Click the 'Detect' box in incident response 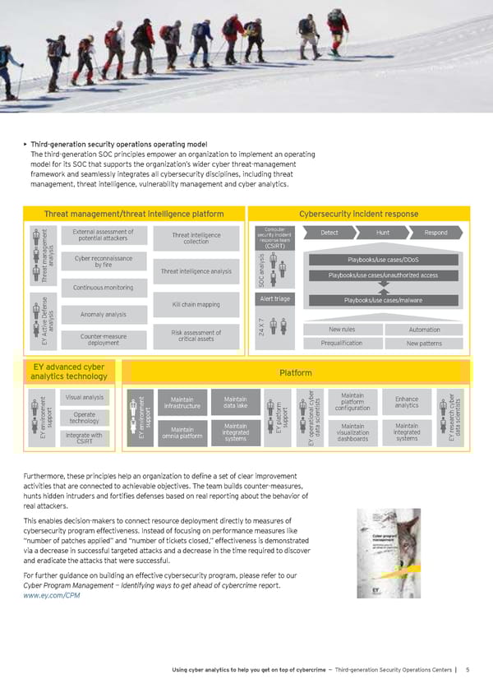329,233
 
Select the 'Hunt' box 382,233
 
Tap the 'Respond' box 435,233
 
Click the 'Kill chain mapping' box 196,305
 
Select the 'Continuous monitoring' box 104,287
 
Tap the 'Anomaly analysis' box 104,314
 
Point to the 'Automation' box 424,330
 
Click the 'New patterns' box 424,343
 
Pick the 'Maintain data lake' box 235,403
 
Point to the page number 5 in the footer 467,670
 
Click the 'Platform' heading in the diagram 295,372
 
